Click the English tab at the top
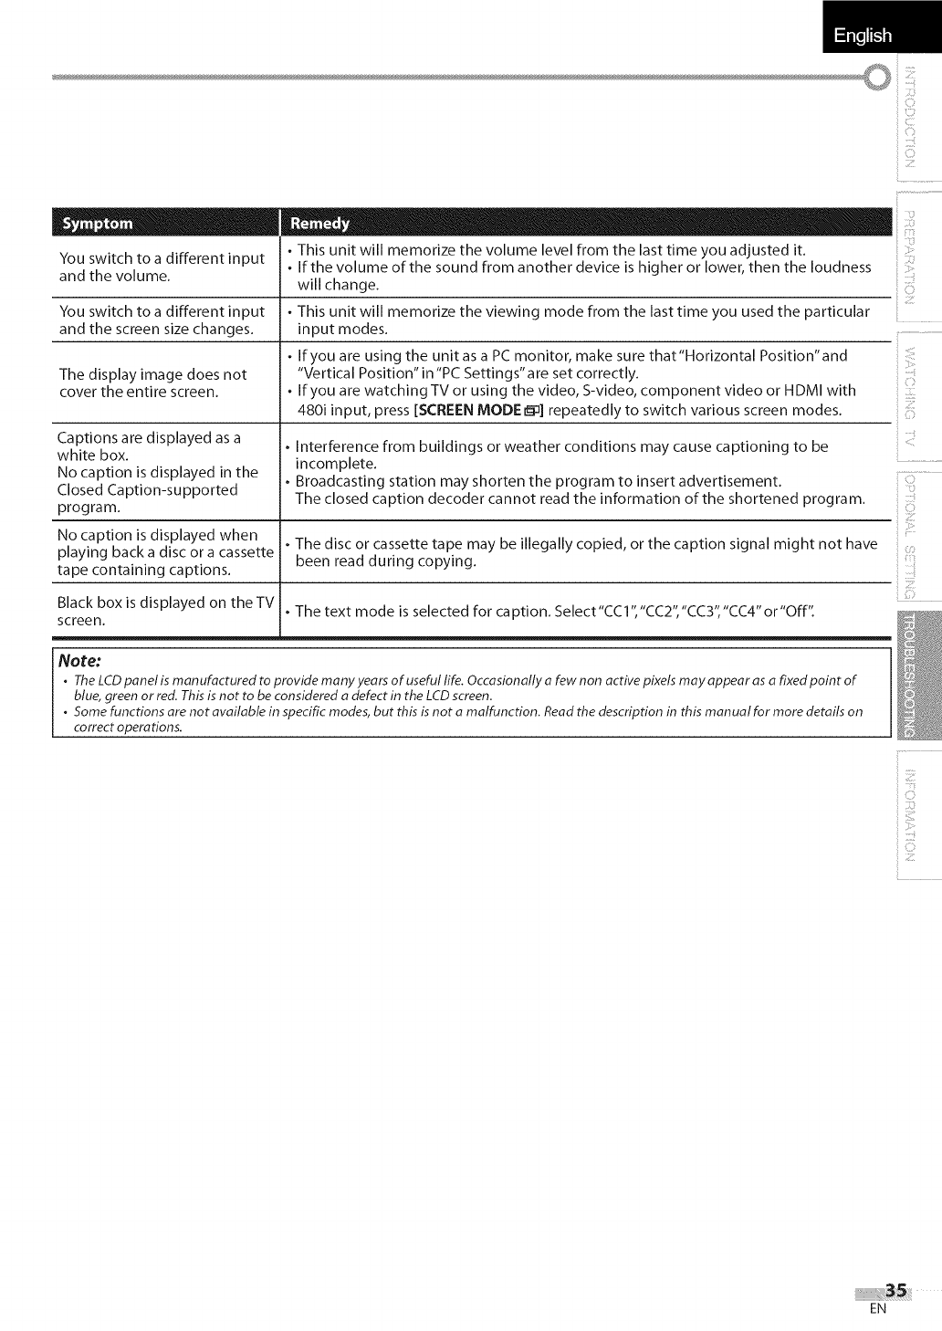point(862,35)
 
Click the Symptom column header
point(96,224)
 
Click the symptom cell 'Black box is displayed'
point(164,611)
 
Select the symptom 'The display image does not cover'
point(152,383)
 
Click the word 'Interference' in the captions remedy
point(339,446)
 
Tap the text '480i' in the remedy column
point(312,410)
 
